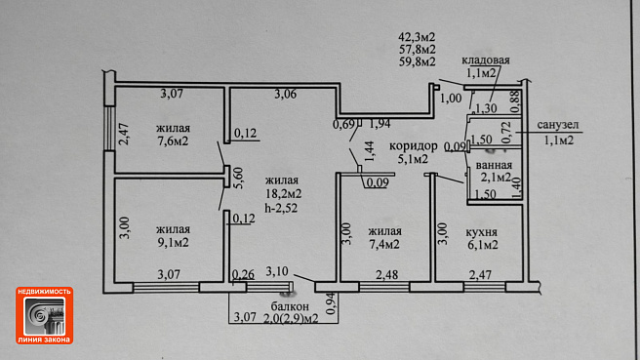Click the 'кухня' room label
(482, 232)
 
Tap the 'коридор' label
(413, 145)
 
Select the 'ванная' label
(494, 165)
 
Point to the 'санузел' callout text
(558, 125)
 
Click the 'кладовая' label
(485, 60)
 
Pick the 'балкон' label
(290, 306)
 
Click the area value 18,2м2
(283, 193)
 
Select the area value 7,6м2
(173, 141)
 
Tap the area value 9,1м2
(173, 243)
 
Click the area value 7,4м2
(384, 245)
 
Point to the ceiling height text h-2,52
(281, 208)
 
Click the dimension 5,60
(238, 178)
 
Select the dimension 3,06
(285, 95)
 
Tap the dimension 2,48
(387, 275)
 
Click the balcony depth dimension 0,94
(331, 303)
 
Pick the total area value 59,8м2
(417, 61)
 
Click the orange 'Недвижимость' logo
(45, 315)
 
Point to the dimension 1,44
(370, 151)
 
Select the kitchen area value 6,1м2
(483, 245)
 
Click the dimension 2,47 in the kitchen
(480, 275)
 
